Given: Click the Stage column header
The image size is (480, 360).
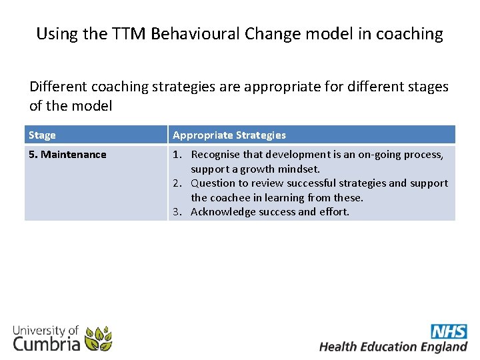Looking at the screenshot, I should [43, 135].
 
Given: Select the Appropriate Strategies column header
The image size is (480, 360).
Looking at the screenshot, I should [229, 135].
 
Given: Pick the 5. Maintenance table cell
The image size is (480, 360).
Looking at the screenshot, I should [67, 155].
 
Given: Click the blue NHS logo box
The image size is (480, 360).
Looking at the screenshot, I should [448, 331].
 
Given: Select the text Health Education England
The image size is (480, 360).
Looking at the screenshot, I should [393, 347].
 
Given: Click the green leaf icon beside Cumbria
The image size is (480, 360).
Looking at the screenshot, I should [99, 339].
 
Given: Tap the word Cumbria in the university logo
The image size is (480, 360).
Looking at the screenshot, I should [47, 343].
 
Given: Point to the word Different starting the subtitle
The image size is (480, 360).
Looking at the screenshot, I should [58, 87].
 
